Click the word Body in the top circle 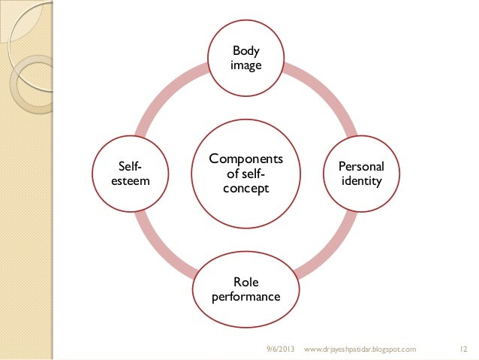(246, 52)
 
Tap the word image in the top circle (246, 66)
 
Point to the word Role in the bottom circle (246, 282)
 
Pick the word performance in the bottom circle (246, 297)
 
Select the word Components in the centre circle (246, 159)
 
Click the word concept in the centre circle (246, 189)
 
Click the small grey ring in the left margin (30, 83)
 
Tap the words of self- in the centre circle (246, 174)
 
